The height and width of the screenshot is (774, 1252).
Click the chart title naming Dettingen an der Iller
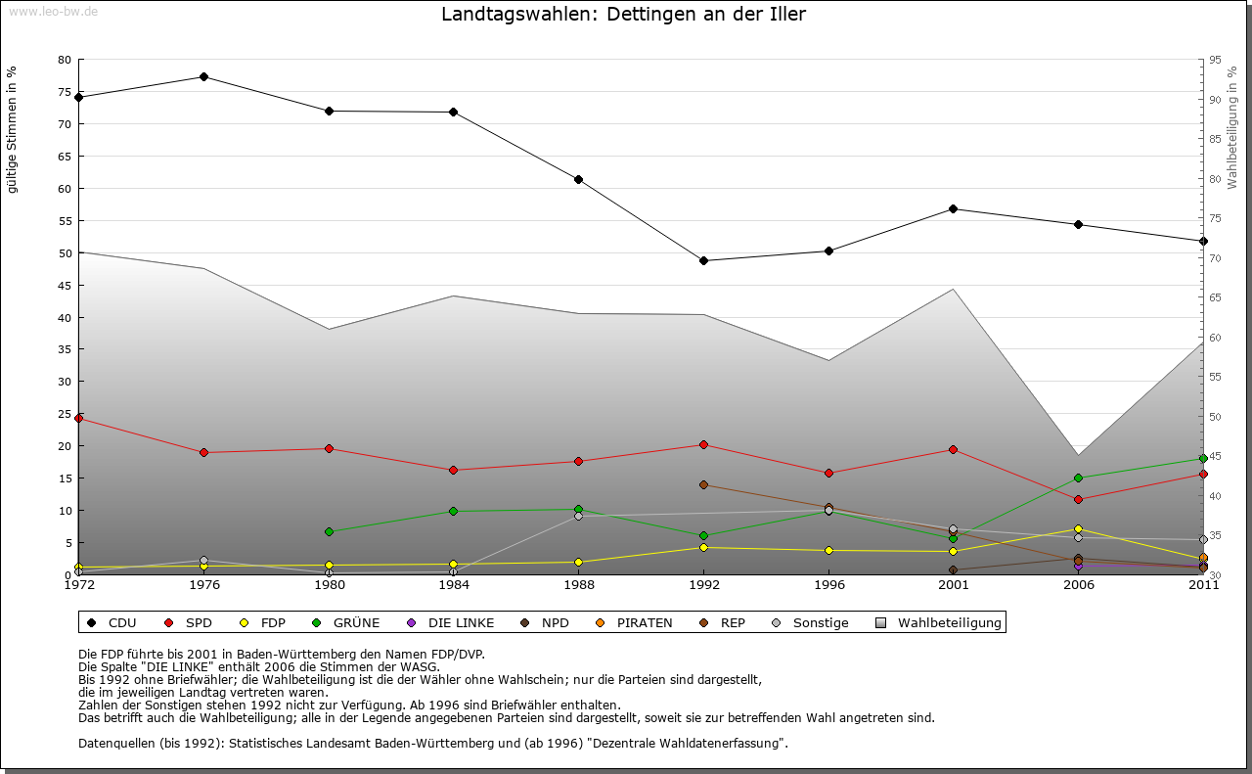623,15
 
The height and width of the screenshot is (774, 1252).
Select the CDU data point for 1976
203,76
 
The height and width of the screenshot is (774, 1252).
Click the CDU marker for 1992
703,260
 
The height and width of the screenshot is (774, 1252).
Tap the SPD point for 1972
78,418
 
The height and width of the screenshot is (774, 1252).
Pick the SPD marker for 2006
1078,499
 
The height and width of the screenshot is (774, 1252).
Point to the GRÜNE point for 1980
329,531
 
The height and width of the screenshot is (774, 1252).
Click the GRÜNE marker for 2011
1203,458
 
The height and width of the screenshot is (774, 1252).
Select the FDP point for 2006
1078,528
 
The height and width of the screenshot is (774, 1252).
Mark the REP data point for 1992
703,484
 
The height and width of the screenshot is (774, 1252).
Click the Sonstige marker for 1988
578,516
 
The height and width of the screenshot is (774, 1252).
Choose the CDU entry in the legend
112,622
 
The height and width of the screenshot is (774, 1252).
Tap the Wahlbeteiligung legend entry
939,622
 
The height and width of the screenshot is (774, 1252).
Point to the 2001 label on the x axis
953,585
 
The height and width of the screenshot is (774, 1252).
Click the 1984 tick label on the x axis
453,585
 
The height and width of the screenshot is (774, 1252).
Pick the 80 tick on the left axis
65,60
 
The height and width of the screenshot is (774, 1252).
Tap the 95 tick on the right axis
1215,60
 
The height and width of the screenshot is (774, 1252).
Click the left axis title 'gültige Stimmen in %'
12,129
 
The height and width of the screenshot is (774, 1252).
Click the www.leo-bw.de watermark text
53,11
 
